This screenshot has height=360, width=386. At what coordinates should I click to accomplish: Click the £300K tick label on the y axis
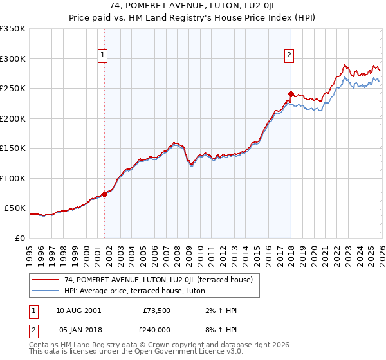click(13, 59)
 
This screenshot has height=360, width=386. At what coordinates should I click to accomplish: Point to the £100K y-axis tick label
click(13, 178)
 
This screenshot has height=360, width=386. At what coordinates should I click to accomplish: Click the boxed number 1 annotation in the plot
click(103, 56)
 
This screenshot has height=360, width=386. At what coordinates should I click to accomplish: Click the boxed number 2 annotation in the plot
click(289, 56)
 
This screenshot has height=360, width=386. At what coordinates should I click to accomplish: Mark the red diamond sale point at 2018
click(291, 94)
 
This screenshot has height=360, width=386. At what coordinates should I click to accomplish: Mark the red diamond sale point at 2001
click(104, 194)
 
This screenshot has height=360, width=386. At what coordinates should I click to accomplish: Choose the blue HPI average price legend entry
click(134, 291)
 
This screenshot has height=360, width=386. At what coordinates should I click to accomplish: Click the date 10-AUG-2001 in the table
click(78, 310)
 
